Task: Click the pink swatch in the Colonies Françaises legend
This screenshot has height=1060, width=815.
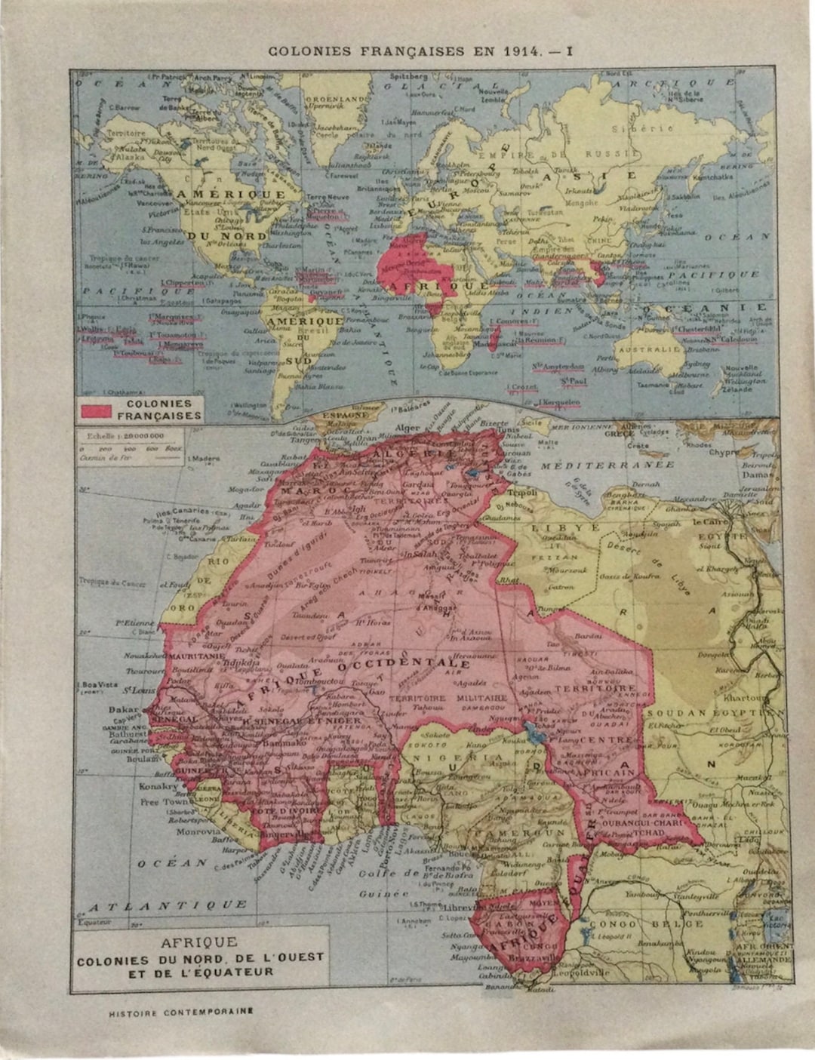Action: (x=96, y=409)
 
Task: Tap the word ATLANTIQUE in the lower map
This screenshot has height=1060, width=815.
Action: (x=167, y=904)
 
